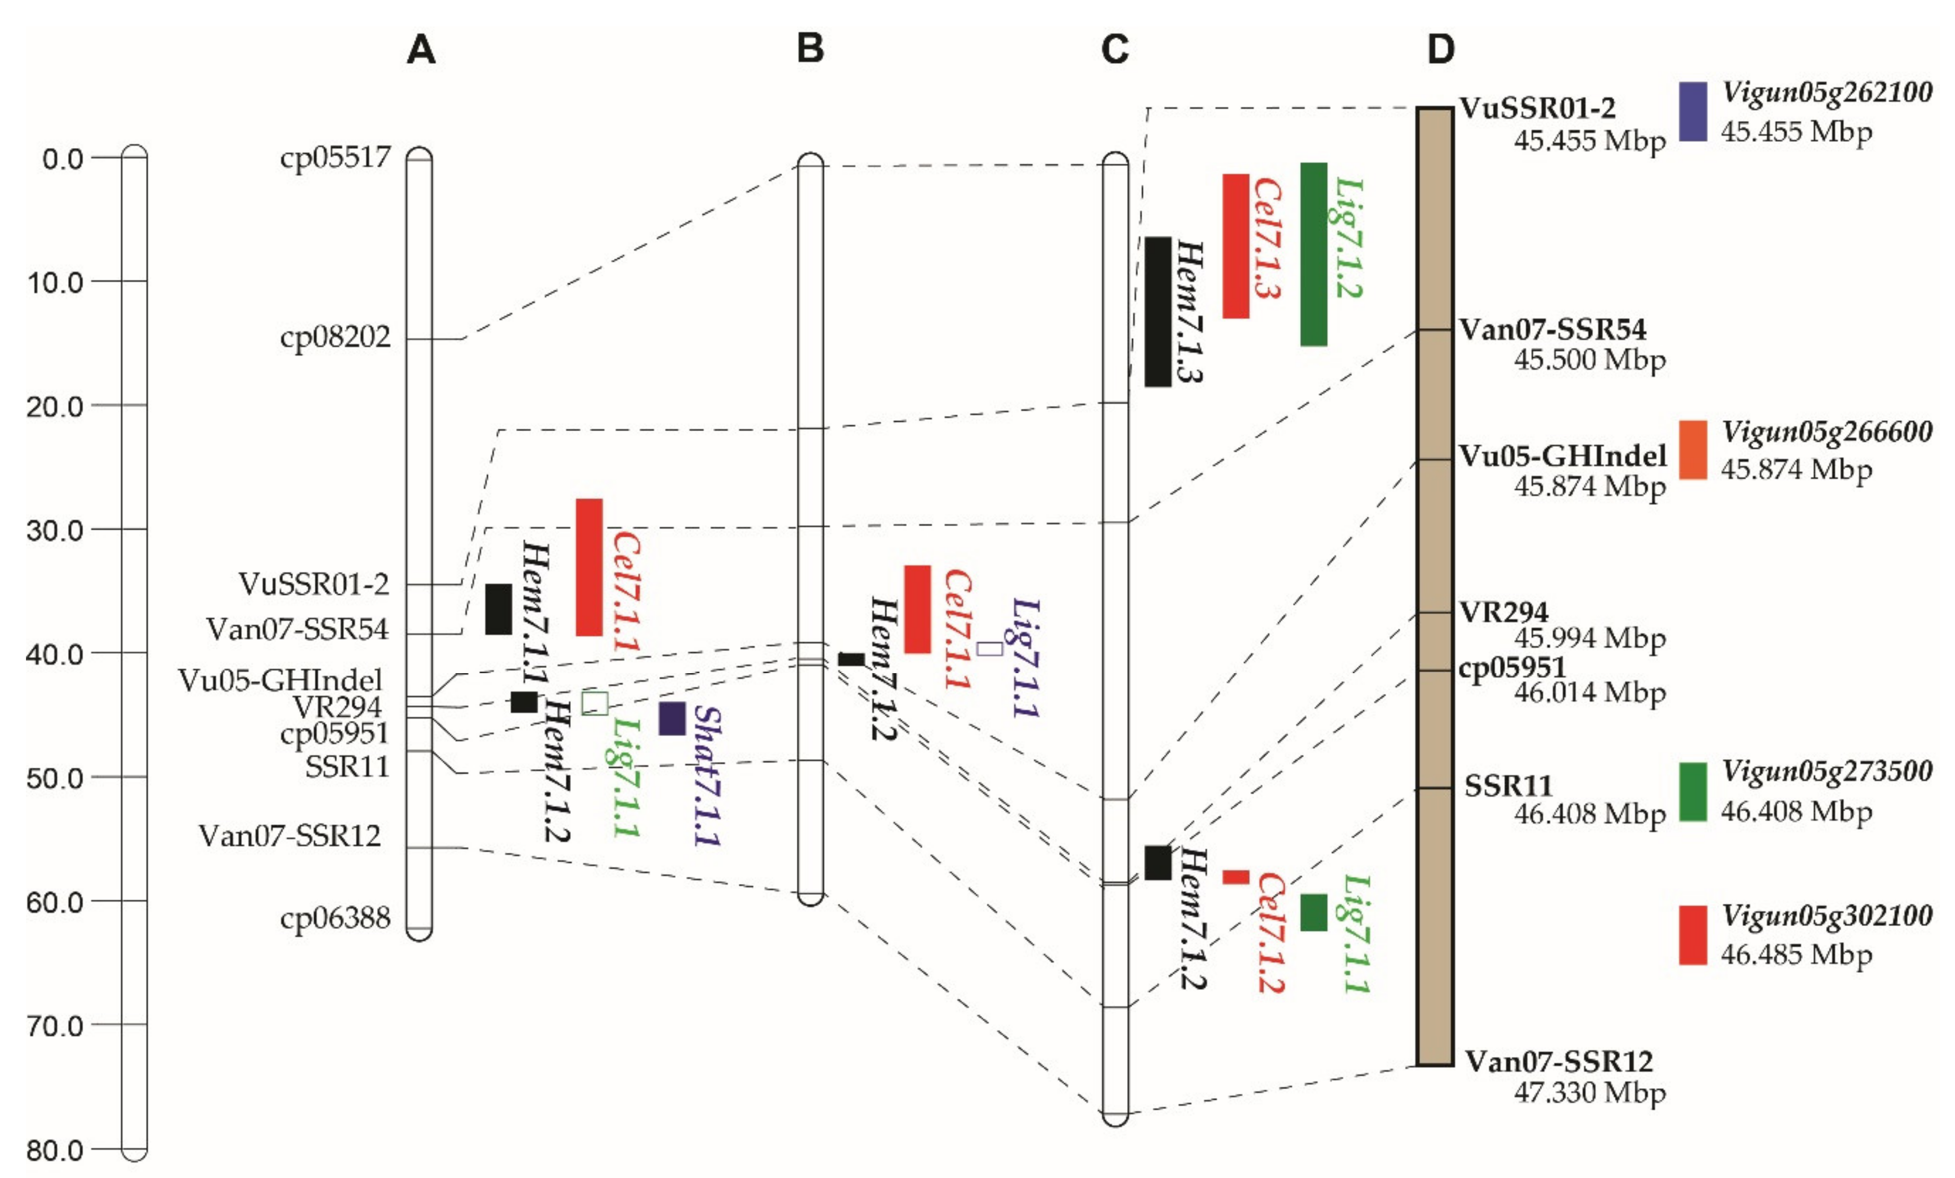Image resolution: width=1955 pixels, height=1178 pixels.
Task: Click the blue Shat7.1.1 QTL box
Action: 672,718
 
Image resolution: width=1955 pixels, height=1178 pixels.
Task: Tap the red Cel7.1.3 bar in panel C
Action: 1235,246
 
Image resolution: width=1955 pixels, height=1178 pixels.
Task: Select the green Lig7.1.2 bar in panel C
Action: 1313,254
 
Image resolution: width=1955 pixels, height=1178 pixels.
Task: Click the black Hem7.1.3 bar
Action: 1158,311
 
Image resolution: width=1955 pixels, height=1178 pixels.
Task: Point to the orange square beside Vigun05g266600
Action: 1692,450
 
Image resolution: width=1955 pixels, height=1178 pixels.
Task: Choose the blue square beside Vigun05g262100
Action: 1692,112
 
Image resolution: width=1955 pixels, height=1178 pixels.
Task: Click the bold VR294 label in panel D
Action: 1504,612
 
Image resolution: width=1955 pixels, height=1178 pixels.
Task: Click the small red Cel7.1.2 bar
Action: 1235,877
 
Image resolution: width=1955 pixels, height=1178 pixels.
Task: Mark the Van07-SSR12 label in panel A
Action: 290,835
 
